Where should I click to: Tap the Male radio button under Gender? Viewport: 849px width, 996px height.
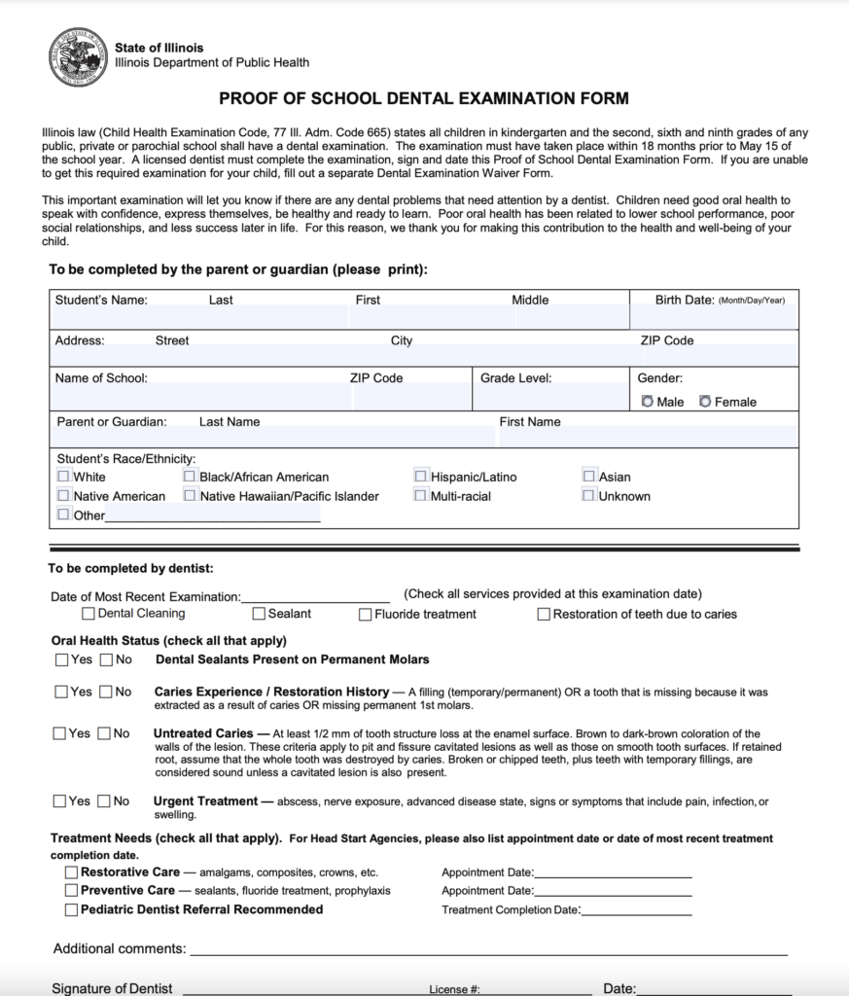pos(648,402)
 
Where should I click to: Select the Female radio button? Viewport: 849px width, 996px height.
pos(705,402)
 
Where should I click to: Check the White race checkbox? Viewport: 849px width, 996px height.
pos(64,477)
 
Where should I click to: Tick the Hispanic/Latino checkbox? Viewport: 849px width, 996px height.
pos(421,477)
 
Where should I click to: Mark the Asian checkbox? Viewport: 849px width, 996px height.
pos(589,477)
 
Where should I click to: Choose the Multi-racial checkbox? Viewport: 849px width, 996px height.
pos(421,496)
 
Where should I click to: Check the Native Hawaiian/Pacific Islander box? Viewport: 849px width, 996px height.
pos(190,496)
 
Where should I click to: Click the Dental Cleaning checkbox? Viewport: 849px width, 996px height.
pos(88,614)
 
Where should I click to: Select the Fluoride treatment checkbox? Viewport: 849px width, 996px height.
pos(366,615)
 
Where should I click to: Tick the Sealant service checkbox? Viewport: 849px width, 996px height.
pos(260,614)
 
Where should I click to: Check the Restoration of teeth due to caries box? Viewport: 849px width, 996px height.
pos(545,615)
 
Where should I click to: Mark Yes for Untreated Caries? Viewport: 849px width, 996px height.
pos(61,733)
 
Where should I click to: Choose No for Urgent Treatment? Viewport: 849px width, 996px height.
pos(105,801)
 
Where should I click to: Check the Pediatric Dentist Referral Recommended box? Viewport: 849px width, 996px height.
pos(72,909)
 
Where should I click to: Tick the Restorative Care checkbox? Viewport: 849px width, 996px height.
pos(72,872)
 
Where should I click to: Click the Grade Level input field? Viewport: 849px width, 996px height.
pos(550,396)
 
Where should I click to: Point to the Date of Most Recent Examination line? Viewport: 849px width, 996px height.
pos(315,596)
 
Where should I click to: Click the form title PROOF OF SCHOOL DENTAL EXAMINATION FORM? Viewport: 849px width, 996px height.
pos(424,98)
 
